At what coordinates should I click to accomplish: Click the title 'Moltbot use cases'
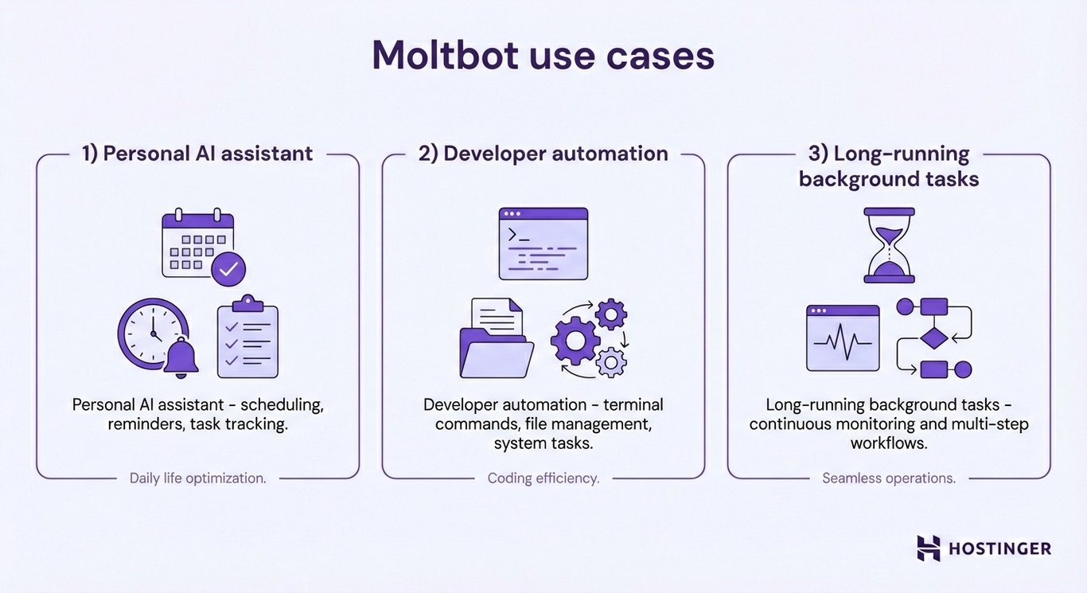pos(543,55)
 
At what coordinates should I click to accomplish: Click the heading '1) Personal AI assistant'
pos(197,154)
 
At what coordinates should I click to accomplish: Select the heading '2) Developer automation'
pos(543,154)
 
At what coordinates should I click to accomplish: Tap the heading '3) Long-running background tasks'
pos(889,166)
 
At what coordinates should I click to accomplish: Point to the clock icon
pos(151,333)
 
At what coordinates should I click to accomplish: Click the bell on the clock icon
pos(181,359)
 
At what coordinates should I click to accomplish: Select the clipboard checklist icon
pos(247,337)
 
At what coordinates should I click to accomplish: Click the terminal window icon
pos(543,244)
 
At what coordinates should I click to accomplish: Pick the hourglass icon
pos(889,245)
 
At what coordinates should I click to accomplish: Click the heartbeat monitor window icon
pos(843,338)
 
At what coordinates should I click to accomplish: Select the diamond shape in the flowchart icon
pos(933,337)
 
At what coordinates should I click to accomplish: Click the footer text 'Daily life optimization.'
pos(197,478)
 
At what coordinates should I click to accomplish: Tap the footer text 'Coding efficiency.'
pos(543,478)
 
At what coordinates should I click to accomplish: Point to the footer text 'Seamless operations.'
pos(889,478)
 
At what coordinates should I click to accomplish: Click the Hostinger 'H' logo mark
pos(928,548)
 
